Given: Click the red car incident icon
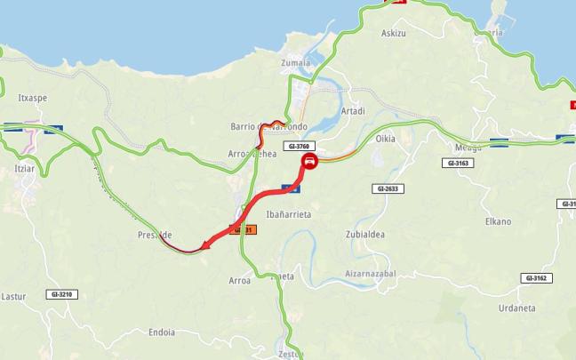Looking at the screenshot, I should pyautogui.click(x=309, y=162).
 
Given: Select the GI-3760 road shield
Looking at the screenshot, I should pyautogui.click(x=299, y=146).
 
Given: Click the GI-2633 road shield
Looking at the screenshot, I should pyautogui.click(x=389, y=188).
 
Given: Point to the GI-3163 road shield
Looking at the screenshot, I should pyautogui.click(x=460, y=164).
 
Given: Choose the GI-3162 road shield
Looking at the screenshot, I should pyautogui.click(x=537, y=278).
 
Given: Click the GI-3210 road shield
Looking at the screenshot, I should pyautogui.click(x=63, y=294).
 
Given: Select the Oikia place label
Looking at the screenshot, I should pyautogui.click(x=385, y=139).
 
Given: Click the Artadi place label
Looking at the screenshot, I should pyautogui.click(x=353, y=112).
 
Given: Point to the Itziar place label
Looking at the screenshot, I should pyautogui.click(x=24, y=166).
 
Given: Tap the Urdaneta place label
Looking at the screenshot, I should pyautogui.click(x=516, y=308).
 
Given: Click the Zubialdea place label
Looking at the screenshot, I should pyautogui.click(x=364, y=236).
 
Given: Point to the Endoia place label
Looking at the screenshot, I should pyautogui.click(x=161, y=332).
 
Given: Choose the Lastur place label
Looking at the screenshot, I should pyautogui.click(x=14, y=296).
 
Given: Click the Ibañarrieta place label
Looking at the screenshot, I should pyautogui.click(x=287, y=214).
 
